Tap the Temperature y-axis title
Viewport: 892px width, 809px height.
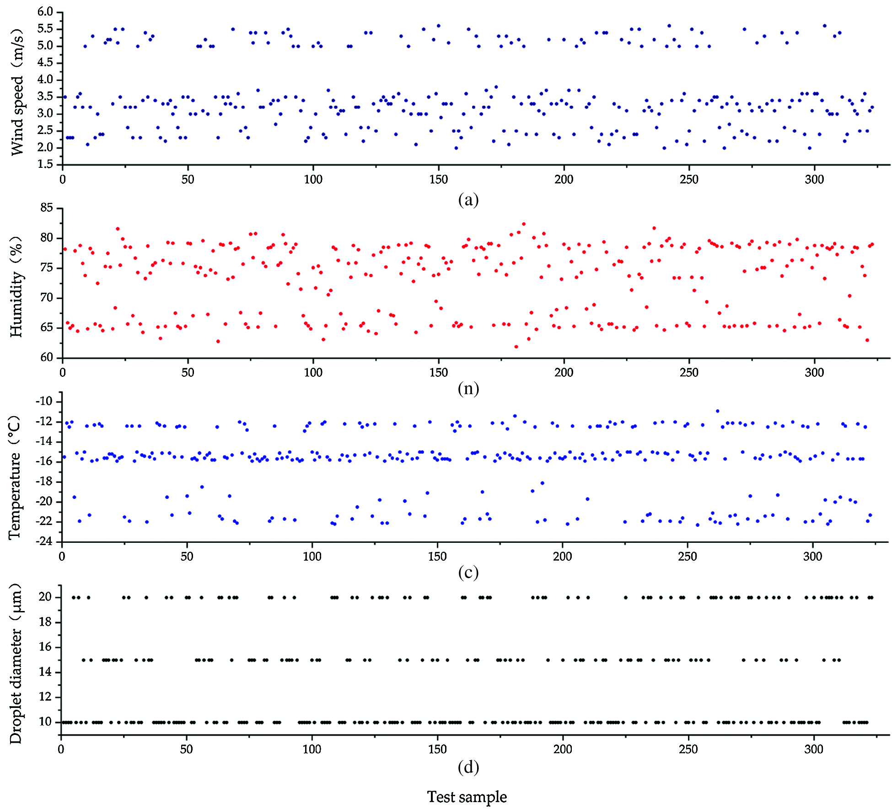coord(15,477)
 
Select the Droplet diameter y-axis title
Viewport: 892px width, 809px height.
coord(16,663)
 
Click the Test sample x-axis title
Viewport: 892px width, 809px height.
coord(467,797)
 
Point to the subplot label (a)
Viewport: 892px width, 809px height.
coord(468,200)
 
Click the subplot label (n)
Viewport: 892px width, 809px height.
coord(468,388)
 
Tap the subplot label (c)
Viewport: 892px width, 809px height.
coord(468,572)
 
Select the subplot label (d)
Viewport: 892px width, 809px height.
coord(468,767)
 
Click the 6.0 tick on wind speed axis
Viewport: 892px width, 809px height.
coord(45,12)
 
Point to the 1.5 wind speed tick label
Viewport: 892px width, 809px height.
coord(45,164)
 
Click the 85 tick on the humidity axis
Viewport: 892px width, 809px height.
coord(47,208)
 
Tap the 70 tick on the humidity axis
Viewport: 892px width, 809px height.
coord(47,298)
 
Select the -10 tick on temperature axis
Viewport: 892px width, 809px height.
coord(44,402)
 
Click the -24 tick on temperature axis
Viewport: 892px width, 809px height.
coord(44,542)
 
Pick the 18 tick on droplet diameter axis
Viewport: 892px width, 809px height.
coord(45,622)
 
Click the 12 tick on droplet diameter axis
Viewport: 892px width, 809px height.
coord(45,697)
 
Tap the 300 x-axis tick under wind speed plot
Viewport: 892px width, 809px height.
coord(815,179)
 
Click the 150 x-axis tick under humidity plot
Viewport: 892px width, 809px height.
coord(438,372)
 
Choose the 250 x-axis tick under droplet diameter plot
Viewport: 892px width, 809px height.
coord(688,749)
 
